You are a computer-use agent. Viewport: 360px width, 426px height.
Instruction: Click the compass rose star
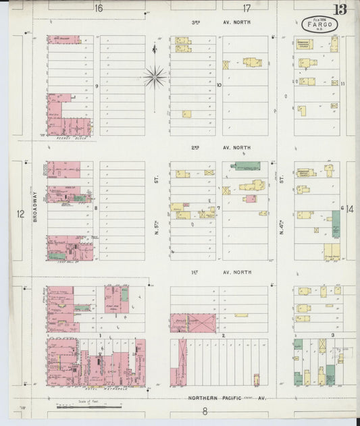pos(155,77)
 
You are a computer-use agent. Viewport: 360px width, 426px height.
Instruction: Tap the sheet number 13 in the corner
pos(339,9)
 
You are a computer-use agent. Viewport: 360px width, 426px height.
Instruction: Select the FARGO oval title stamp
pos(319,24)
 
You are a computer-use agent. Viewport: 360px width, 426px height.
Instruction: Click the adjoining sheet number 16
pos(99,8)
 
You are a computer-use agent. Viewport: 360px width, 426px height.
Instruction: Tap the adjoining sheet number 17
pos(247,8)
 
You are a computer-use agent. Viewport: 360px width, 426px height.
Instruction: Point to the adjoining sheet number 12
pos(21,214)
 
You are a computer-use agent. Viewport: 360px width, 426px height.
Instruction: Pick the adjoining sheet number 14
pos(350,209)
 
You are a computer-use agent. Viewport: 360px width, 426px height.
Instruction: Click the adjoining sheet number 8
pos(204,411)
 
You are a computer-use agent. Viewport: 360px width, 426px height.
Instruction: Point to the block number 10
pos(220,85)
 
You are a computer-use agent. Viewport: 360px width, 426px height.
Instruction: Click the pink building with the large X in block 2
pos(192,323)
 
